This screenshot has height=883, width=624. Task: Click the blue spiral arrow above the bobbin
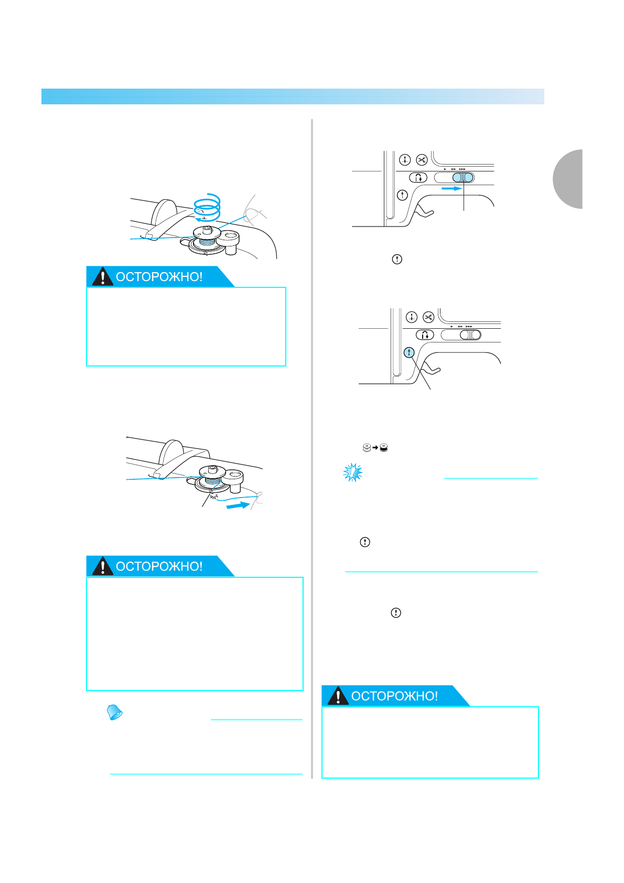[207, 208]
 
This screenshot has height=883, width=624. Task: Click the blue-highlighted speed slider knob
[463, 177]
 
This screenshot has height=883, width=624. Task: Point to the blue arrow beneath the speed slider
[451, 188]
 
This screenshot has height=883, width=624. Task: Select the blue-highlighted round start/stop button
[409, 352]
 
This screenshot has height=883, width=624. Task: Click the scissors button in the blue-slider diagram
[422, 159]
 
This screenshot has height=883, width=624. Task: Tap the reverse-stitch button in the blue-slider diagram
[418, 177]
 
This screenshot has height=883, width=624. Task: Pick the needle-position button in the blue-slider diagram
[405, 159]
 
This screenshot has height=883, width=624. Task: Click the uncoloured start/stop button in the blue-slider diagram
[402, 195]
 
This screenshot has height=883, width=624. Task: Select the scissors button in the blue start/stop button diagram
[428, 317]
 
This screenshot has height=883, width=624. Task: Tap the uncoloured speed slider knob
[470, 335]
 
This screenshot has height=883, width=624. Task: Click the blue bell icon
[114, 712]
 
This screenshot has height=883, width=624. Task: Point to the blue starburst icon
[353, 472]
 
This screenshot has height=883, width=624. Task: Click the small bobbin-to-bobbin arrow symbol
[375, 447]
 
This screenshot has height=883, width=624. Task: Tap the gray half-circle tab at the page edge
[568, 179]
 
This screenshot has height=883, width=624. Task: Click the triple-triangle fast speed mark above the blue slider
[462, 169]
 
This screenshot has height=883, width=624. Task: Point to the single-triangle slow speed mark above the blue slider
[445, 169]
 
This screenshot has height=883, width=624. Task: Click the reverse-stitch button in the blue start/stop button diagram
[425, 335]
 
